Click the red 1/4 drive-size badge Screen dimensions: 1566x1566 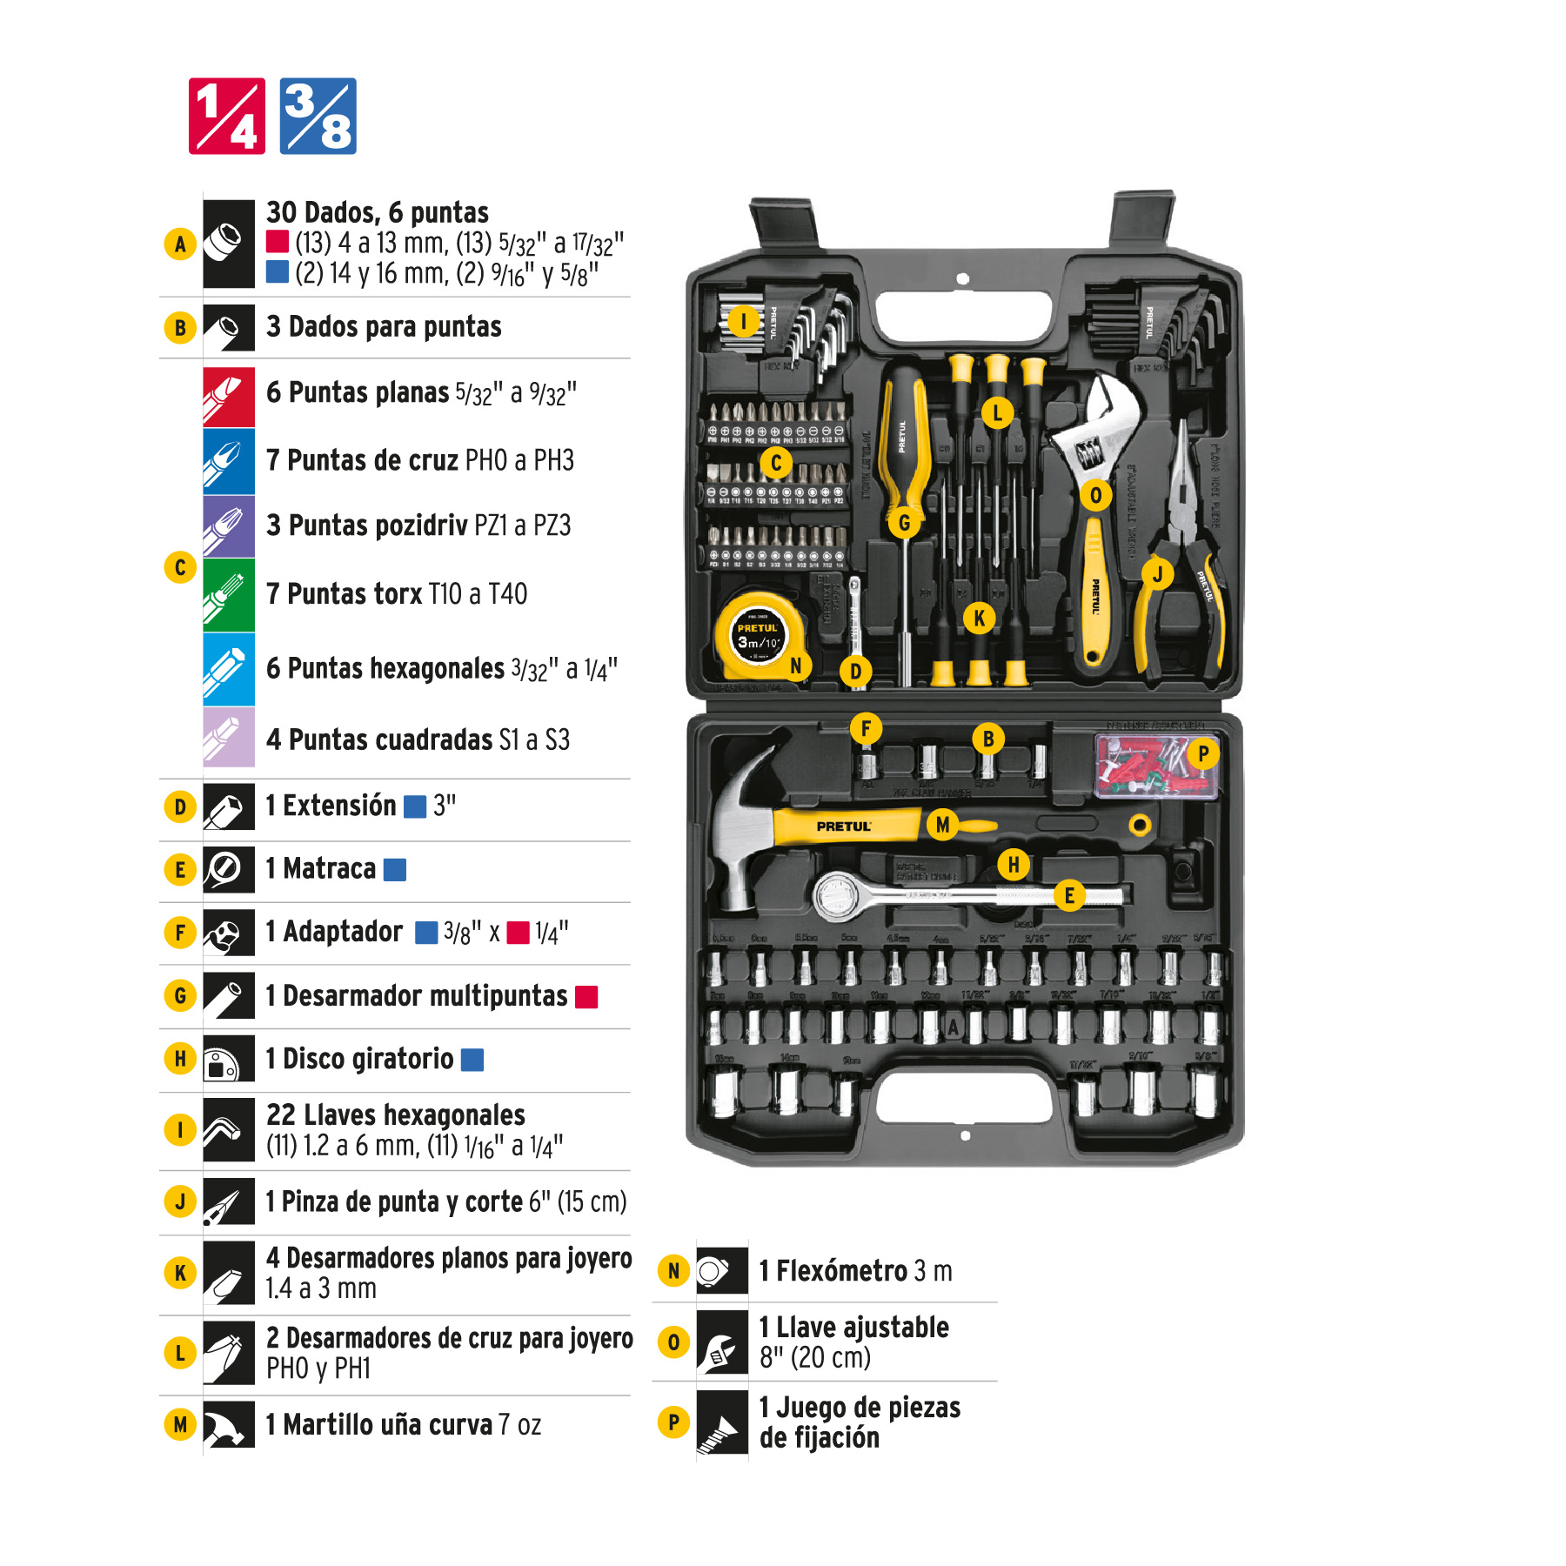click(227, 116)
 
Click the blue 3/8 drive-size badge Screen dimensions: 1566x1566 click(318, 116)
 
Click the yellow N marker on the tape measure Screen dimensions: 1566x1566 click(795, 666)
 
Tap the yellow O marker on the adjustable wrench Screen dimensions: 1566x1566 click(1095, 495)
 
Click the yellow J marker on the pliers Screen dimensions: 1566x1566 click(1157, 574)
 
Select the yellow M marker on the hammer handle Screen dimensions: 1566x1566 click(942, 824)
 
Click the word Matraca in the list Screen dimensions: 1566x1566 click(329, 868)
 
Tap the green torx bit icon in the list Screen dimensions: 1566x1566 click(229, 595)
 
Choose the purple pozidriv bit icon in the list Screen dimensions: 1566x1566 click(229, 526)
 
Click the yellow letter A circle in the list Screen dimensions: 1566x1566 click(180, 244)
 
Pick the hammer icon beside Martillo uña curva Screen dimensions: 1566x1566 click(229, 1424)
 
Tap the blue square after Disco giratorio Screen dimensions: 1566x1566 click(472, 1060)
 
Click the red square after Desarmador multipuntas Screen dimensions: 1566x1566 click(586, 997)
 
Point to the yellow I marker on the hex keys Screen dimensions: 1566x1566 click(743, 321)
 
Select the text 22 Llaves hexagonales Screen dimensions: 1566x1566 click(395, 1115)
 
